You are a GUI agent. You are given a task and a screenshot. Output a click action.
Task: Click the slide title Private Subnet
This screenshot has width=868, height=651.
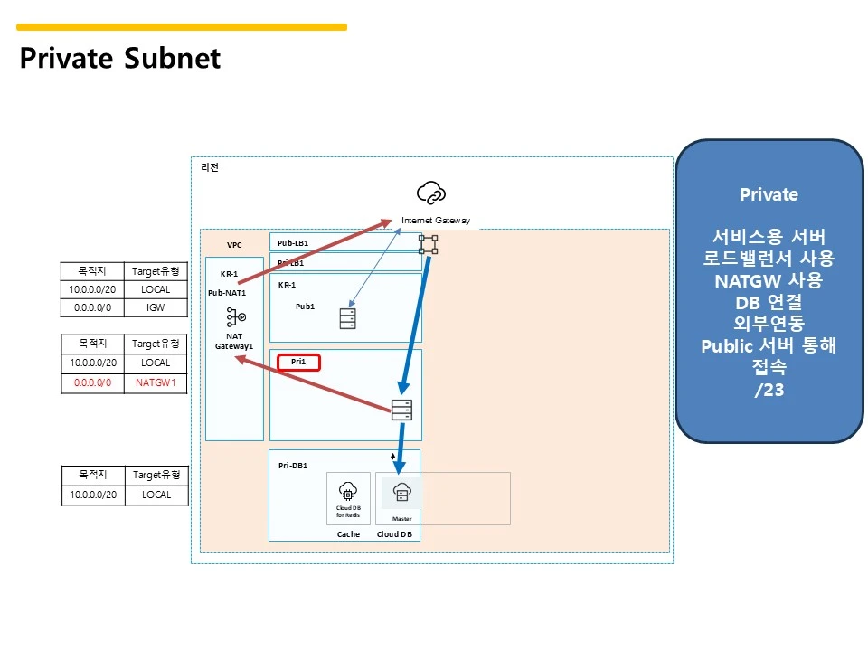point(120,59)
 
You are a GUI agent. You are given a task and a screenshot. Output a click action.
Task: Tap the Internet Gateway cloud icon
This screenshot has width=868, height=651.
point(431,193)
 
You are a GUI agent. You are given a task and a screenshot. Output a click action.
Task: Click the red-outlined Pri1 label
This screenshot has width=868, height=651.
point(299,362)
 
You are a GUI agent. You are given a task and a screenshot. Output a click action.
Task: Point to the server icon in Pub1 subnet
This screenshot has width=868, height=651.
point(348,318)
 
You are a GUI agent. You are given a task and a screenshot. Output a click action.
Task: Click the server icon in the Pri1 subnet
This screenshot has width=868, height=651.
point(402,410)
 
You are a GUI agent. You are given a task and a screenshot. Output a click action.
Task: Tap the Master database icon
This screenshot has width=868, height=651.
point(402,493)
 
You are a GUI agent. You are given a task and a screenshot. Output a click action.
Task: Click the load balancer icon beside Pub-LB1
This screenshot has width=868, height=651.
point(428,243)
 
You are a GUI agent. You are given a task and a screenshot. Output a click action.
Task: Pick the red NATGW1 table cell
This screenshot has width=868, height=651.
point(156,382)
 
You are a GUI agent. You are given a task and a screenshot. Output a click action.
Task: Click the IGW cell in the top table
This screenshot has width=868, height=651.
point(156,308)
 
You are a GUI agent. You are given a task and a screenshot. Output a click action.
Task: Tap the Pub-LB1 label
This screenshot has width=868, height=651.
point(293,243)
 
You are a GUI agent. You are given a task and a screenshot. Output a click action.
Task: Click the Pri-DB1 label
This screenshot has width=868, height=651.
point(293,465)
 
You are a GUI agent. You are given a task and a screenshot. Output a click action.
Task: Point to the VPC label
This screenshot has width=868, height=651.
point(234,245)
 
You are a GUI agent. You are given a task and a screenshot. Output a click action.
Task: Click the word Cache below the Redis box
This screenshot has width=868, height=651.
point(348,534)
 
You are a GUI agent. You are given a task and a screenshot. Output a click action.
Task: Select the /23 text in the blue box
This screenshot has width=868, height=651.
point(769,390)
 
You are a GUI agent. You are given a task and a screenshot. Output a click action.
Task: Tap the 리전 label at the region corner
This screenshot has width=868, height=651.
point(209,167)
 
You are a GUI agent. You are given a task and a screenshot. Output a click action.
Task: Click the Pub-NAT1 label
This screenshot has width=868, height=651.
point(227,293)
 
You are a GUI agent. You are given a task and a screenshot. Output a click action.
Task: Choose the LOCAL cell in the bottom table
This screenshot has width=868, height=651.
point(156,495)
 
